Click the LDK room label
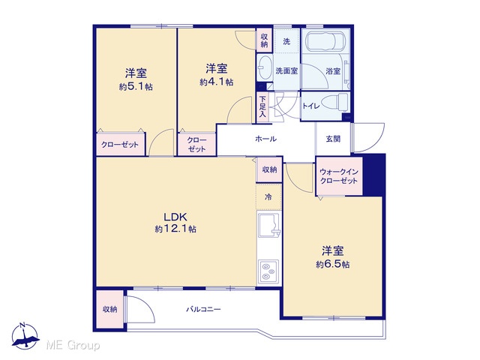coord(175,217)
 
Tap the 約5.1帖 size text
coord(136,87)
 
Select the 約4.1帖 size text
coord(217,82)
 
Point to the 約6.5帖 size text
coord(332,264)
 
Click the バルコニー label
coord(203,310)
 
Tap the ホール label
coord(265,139)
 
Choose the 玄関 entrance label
coord(333,139)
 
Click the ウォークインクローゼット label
coord(339,176)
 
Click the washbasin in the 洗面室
coord(264,68)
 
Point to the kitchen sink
coord(269,225)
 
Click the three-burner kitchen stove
coord(268,271)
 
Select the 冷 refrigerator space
coord(268,196)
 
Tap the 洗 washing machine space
coord(286,41)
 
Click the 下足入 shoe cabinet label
coord(262,107)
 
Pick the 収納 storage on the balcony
coord(109,309)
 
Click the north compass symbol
coord(25,336)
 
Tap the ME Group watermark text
coord(73,346)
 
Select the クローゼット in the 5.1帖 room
coord(120,145)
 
